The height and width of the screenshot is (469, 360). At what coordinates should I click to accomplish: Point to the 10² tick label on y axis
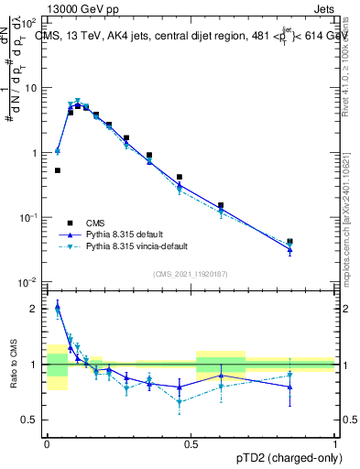click(29, 24)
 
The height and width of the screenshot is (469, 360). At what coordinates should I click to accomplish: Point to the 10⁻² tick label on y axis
click(27, 281)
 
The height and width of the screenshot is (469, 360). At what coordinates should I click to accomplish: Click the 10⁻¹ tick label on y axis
click(27, 217)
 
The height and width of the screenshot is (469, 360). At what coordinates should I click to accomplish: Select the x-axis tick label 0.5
click(191, 444)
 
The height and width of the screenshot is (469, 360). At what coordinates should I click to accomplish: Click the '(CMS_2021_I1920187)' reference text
click(191, 273)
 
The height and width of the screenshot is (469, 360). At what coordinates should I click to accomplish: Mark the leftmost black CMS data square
click(58, 170)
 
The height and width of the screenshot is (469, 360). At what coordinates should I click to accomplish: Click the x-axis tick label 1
click(335, 444)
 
